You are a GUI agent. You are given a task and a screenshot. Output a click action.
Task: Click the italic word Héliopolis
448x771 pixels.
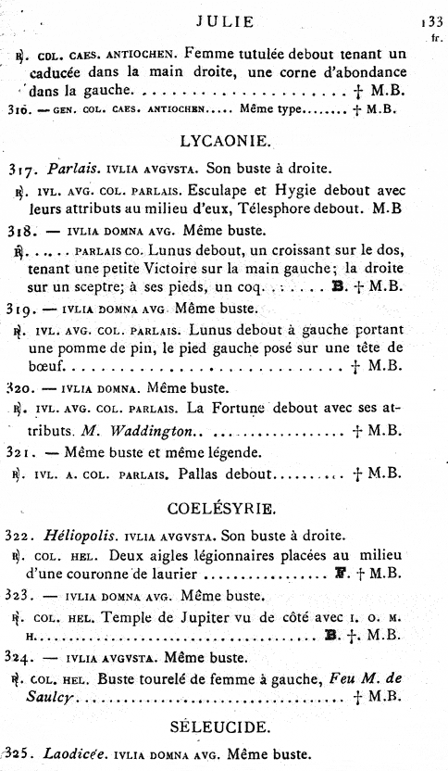(x=77, y=537)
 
